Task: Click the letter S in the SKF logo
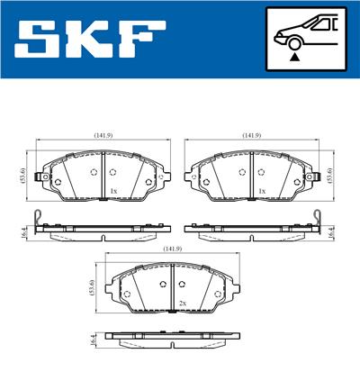40,40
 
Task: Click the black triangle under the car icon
294,56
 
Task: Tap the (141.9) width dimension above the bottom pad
171,249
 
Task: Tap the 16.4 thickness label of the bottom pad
93,340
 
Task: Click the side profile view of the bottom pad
171,340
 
